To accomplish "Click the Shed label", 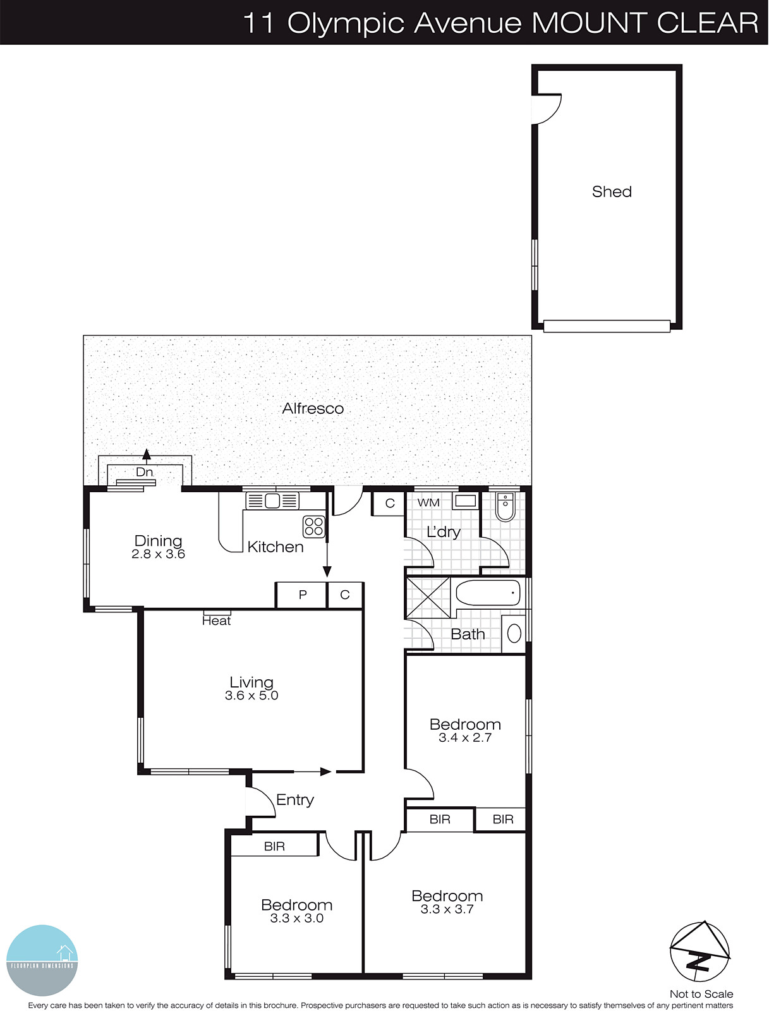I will tap(611, 191).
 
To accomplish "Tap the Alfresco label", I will tap(313, 408).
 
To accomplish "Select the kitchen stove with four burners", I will tap(313, 526).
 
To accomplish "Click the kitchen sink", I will tap(272, 501).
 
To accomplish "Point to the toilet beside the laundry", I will tap(505, 507).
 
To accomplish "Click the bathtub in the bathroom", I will tap(488, 593).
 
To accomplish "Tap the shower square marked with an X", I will tap(427, 596).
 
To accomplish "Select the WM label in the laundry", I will tap(428, 502).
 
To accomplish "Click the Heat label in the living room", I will tap(216, 621).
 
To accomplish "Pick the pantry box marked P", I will tap(302, 595).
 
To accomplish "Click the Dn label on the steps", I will tap(144, 472).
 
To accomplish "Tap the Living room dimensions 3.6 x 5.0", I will tap(251, 696).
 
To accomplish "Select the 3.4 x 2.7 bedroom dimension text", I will tap(465, 737).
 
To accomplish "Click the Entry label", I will tap(295, 799).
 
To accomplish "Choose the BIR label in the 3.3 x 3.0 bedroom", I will tap(274, 846).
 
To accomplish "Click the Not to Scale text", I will tap(701, 994).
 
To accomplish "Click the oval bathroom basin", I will tap(514, 633).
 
